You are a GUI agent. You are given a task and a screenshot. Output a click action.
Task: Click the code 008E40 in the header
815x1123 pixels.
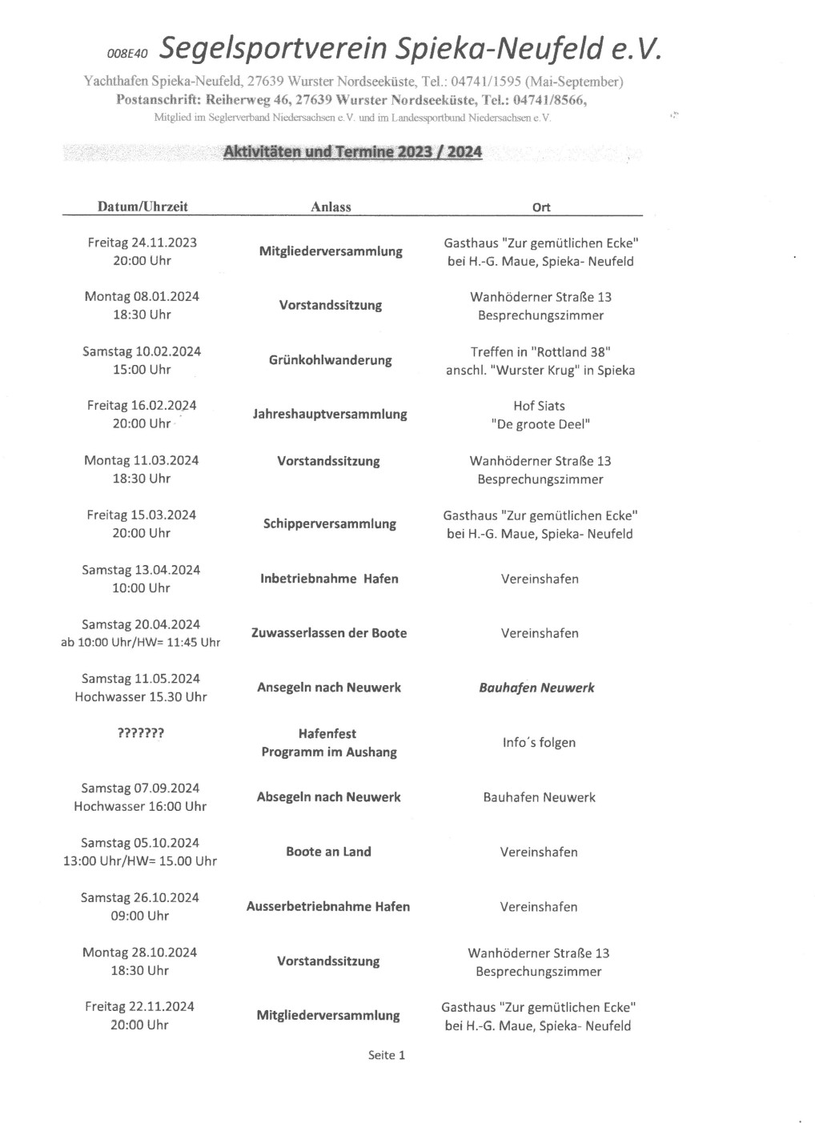click(x=127, y=54)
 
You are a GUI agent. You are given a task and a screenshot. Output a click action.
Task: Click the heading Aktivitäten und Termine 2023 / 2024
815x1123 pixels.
click(x=352, y=151)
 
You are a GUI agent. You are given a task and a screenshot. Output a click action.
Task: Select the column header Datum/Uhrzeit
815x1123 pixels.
click(x=143, y=207)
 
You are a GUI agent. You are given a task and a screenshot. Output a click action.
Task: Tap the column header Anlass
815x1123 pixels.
click(x=331, y=207)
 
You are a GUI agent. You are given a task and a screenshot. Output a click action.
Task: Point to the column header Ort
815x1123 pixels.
click(x=541, y=207)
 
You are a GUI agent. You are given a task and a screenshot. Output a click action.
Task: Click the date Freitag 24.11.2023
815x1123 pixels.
click(x=142, y=243)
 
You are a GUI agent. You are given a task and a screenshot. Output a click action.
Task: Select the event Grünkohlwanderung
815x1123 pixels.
click(x=330, y=360)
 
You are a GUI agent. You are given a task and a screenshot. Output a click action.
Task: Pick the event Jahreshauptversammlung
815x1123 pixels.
click(x=330, y=415)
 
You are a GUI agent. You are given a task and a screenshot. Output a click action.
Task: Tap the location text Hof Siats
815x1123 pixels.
click(x=539, y=406)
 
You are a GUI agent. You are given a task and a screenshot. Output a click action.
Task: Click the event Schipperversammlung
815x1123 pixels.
click(x=329, y=524)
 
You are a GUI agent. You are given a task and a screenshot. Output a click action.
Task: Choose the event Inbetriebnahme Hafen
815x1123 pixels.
click(x=329, y=579)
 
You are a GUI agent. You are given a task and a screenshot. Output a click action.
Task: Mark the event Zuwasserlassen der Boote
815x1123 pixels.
click(x=329, y=633)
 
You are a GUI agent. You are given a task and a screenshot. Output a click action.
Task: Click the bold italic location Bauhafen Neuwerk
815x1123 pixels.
click(x=536, y=688)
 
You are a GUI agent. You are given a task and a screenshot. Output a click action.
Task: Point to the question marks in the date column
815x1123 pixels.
click(x=141, y=733)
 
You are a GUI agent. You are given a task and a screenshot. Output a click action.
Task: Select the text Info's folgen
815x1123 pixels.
click(x=539, y=743)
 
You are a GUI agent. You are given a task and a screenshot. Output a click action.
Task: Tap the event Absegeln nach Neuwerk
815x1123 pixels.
click(x=328, y=797)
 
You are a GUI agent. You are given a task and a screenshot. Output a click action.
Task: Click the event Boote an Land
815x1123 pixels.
click(x=328, y=852)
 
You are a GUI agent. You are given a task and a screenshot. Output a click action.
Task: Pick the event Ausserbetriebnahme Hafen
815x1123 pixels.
click(x=328, y=907)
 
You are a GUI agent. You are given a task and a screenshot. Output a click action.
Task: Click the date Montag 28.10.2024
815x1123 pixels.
click(x=139, y=953)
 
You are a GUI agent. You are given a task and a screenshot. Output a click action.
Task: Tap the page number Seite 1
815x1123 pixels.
click(x=387, y=1055)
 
